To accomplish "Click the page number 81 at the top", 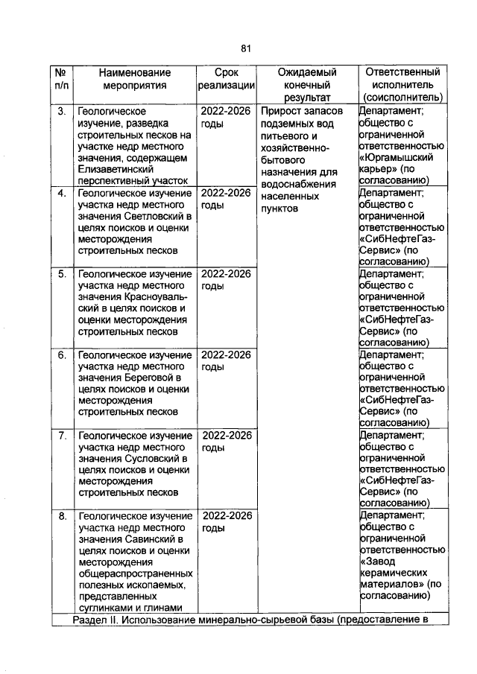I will click(x=246, y=48).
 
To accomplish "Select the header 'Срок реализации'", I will click(x=227, y=79).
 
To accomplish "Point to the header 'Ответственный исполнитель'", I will click(x=402, y=84).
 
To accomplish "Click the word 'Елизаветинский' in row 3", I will click(x=113, y=169).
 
